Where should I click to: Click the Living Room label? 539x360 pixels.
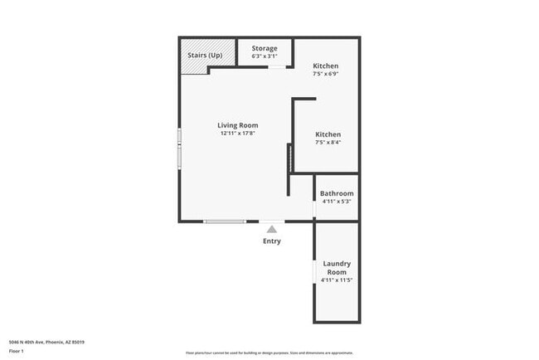[x=238, y=125]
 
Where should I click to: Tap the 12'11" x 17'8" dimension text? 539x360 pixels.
[x=238, y=134]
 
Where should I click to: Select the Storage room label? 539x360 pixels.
[x=265, y=48]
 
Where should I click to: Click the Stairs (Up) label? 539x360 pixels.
[x=204, y=56]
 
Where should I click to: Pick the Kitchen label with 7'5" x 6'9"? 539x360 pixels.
[x=326, y=66]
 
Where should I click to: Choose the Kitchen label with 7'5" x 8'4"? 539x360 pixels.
[x=328, y=134]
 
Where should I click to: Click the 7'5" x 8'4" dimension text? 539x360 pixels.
[x=328, y=143]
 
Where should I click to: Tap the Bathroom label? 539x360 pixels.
[x=337, y=193]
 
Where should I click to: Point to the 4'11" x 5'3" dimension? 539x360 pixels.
[x=337, y=202]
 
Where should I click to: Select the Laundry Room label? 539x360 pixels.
[x=337, y=268]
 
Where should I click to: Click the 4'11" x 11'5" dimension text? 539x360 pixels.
[x=337, y=280]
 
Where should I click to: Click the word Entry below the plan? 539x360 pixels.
[x=272, y=241]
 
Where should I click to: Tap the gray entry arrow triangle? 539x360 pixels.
[x=271, y=228]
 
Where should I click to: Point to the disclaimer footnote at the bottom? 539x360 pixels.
[x=269, y=353]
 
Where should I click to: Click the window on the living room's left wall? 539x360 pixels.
[x=179, y=148]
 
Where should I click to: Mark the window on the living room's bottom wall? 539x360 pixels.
[x=226, y=221]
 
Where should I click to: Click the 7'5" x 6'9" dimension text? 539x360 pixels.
[x=326, y=74]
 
